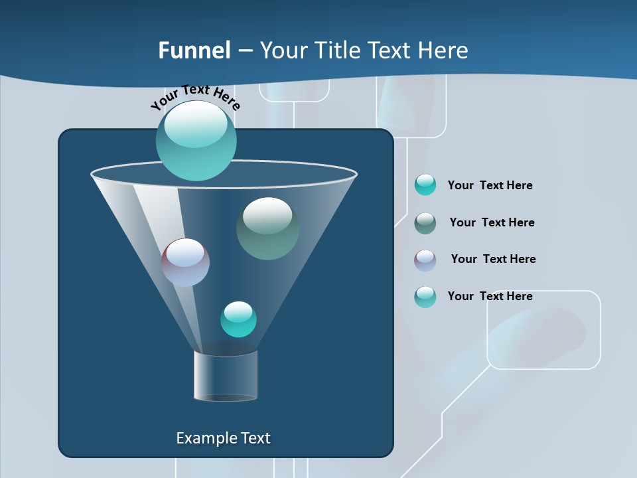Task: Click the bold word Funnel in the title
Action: point(194,50)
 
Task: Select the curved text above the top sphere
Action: point(196,96)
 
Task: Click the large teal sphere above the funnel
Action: point(196,140)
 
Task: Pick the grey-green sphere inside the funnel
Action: point(267,228)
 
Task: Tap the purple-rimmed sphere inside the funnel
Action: point(185,262)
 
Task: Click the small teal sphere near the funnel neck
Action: point(238,319)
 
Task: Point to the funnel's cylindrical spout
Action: point(226,376)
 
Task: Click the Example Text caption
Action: point(223,438)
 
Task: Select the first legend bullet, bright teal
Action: point(425,185)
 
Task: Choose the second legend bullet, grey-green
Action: point(425,222)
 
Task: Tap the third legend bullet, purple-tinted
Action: point(425,260)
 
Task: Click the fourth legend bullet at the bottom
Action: point(425,297)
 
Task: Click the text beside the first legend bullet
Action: point(490,185)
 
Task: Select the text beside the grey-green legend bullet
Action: point(492,222)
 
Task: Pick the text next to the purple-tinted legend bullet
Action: point(493,259)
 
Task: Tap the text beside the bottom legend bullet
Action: point(490,296)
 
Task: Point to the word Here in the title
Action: point(443,50)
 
